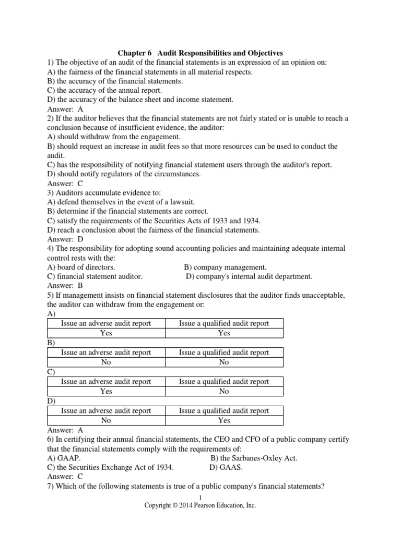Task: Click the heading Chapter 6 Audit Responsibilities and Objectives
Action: (200, 53)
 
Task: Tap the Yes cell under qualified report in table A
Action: (224, 333)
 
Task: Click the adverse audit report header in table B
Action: (106, 353)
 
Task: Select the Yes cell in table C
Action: (106, 391)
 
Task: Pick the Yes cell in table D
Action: (224, 420)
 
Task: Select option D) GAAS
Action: (226, 468)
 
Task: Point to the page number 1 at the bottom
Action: (200, 498)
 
